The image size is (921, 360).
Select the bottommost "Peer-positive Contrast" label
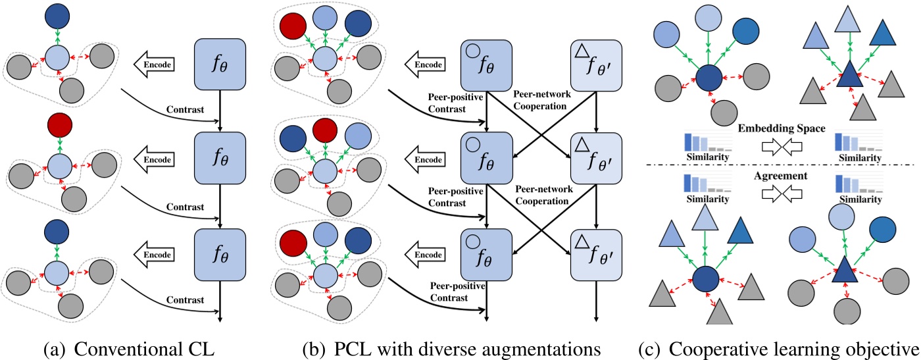point(455,291)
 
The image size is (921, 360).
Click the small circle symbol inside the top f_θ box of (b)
point(473,53)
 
